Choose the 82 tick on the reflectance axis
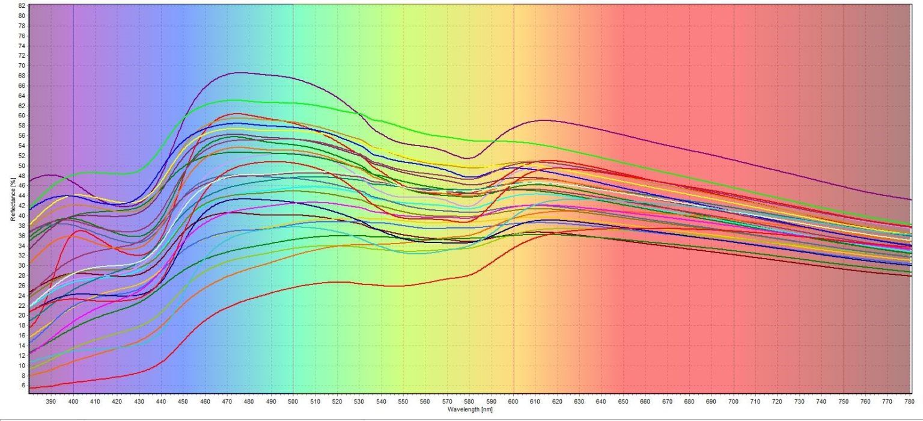coord(22,5)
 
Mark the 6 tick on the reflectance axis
coord(23,386)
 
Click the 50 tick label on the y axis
coord(22,165)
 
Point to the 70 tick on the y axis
coord(22,66)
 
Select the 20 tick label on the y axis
coord(22,315)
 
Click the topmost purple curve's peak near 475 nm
coord(240,72)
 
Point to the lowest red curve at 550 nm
coord(403,286)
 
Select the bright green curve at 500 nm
coord(293,103)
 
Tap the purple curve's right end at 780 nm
coord(911,200)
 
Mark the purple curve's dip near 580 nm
coord(469,158)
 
